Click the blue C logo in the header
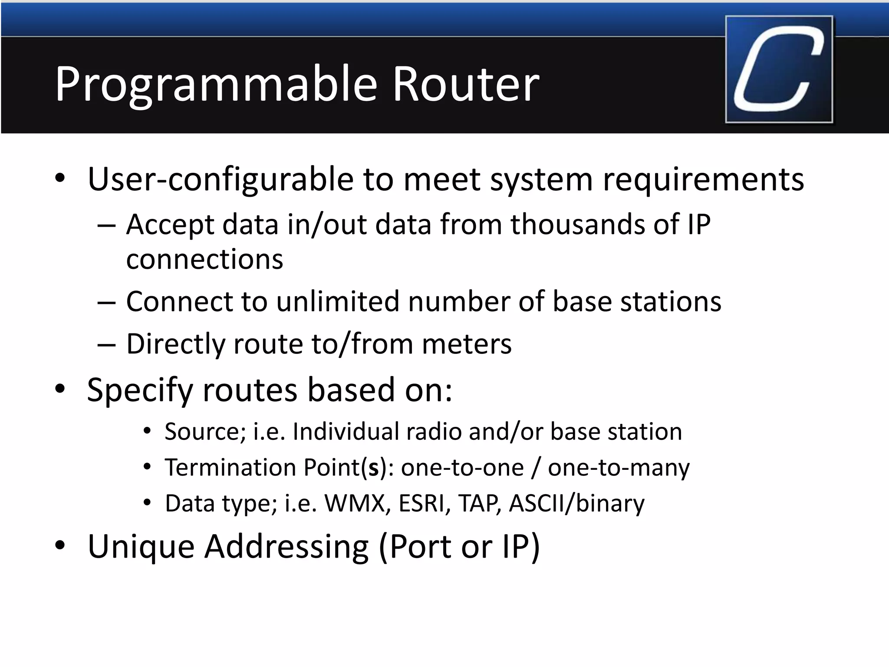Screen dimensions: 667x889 click(779, 69)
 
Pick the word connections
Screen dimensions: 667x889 click(204, 260)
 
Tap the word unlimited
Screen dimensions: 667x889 click(338, 301)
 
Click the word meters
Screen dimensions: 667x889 click(467, 344)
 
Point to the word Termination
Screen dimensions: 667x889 click(230, 468)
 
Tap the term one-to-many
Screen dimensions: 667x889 click(619, 468)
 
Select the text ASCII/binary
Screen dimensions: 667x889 click(576, 504)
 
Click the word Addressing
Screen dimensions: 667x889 click(286, 546)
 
